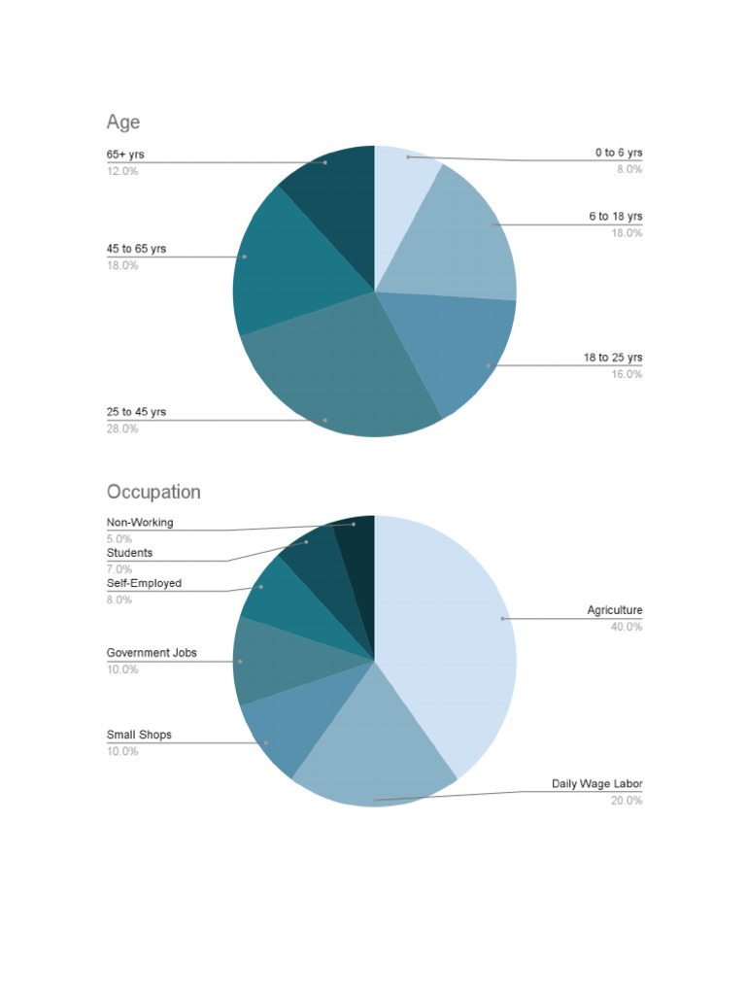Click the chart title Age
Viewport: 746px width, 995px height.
[123, 122]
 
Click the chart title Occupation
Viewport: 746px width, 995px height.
[153, 492]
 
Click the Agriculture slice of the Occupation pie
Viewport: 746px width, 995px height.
[447, 632]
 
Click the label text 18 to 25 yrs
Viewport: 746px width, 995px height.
[613, 358]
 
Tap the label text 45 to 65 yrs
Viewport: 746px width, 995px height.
[136, 249]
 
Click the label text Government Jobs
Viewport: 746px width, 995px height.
[152, 653]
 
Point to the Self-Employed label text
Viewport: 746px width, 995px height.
[144, 584]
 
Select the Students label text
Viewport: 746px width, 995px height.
[129, 553]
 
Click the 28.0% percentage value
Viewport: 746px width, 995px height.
[122, 429]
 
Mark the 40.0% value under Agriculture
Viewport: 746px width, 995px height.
[627, 627]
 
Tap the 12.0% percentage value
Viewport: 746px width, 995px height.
[122, 171]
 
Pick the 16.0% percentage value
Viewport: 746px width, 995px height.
[627, 374]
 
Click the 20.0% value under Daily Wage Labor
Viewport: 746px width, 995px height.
[627, 801]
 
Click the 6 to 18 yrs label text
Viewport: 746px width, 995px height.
[615, 217]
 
